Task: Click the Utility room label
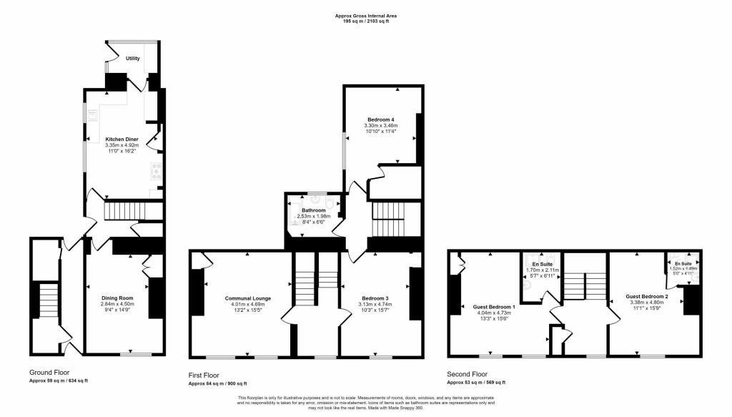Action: (x=133, y=59)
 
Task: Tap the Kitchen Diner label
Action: (x=122, y=139)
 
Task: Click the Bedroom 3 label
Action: (x=376, y=298)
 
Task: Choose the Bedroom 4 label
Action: (x=381, y=119)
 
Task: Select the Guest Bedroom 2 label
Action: (x=647, y=296)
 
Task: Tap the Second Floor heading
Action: (x=468, y=374)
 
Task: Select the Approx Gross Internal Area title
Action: (x=366, y=15)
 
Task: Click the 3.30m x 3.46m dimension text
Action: (x=381, y=125)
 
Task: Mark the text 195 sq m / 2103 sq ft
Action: (x=366, y=21)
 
